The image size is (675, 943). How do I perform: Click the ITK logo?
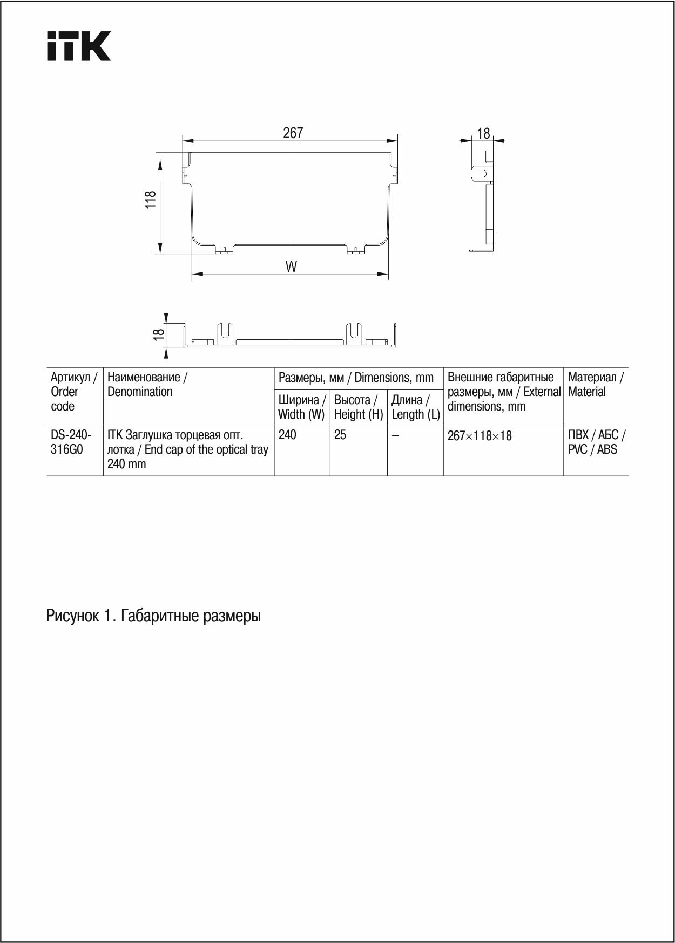(79, 46)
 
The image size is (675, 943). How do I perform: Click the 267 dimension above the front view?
(293, 133)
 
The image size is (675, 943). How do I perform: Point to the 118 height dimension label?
(151, 200)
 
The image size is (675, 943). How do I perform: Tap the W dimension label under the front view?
(291, 266)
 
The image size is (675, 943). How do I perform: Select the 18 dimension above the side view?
(483, 133)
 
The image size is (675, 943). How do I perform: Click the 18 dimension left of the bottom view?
(158, 334)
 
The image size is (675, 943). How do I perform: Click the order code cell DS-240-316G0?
(71, 442)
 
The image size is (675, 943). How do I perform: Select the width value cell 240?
(287, 435)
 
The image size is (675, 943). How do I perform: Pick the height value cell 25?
(340, 435)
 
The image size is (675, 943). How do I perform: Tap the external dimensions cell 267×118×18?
(480, 436)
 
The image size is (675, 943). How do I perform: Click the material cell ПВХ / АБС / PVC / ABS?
(596, 442)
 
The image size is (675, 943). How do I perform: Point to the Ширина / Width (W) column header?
(302, 407)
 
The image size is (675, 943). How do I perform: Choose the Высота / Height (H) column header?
(359, 407)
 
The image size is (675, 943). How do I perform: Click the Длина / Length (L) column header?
(415, 407)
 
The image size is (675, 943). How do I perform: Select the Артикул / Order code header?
(74, 392)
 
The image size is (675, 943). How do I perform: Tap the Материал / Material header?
(596, 385)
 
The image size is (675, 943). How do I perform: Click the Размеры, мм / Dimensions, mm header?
(356, 378)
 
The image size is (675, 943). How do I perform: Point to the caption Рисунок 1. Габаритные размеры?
(153, 616)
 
